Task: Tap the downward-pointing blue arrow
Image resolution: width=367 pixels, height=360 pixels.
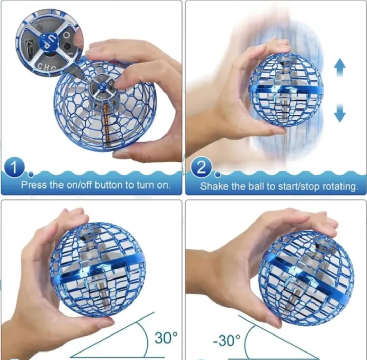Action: click(x=339, y=113)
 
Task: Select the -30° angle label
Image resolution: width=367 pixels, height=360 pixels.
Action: click(x=226, y=340)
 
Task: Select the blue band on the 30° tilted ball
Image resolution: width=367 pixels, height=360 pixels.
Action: click(x=98, y=269)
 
